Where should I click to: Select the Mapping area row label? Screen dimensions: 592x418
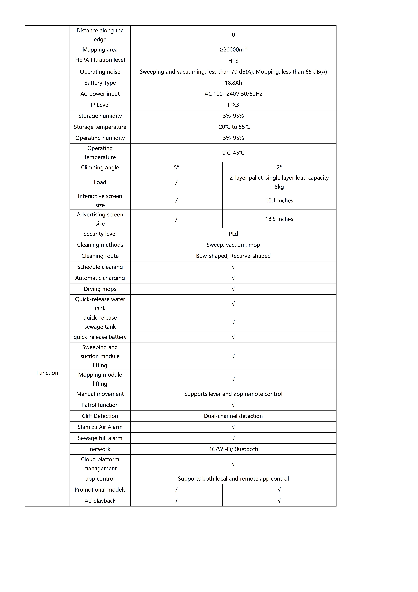100,50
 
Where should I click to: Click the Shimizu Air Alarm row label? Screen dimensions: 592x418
100,427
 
